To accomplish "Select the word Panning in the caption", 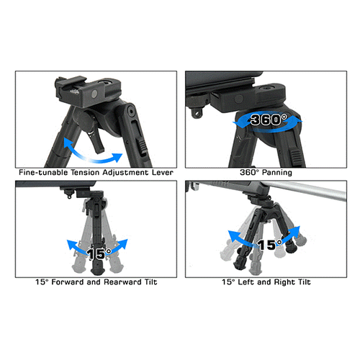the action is (277, 173).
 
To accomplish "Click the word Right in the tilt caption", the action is (285, 282).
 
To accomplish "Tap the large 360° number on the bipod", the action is (269, 120).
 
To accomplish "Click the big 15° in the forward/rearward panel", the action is (99, 253).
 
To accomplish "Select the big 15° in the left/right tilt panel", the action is (269, 245).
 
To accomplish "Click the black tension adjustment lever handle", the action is (97, 142).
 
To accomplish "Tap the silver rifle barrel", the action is (305, 191).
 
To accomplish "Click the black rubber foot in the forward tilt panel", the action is (97, 271).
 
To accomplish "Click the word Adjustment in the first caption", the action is (125, 173).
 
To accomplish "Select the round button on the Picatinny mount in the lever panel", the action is (94, 94).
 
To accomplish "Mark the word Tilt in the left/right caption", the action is (305, 282).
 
